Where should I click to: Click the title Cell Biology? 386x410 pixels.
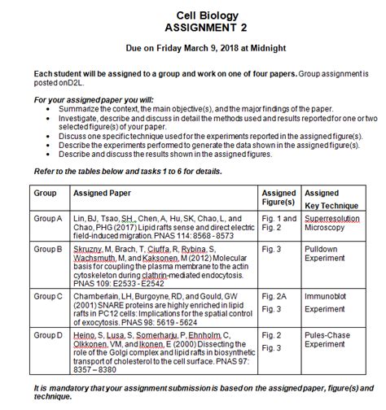click(x=193, y=15)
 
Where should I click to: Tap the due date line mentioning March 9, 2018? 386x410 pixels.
click(x=193, y=48)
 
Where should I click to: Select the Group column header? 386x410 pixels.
click(x=45, y=194)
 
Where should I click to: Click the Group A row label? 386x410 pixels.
click(x=48, y=219)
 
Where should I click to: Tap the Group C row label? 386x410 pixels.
click(x=48, y=297)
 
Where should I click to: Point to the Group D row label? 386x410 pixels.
click(x=48, y=334)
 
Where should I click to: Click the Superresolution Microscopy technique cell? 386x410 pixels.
click(x=331, y=224)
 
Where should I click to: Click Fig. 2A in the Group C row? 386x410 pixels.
click(x=274, y=297)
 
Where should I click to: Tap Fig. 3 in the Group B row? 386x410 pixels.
click(x=272, y=246)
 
